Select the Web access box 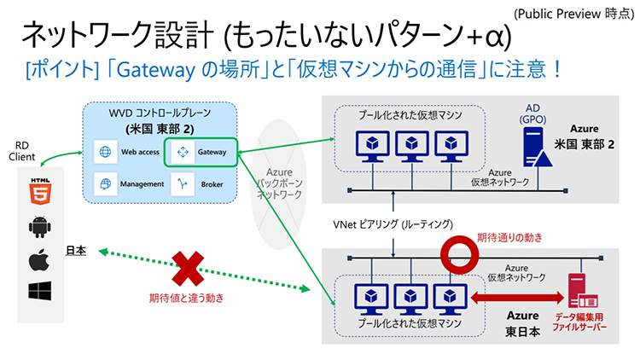pos(130,153)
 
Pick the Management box pos(130,183)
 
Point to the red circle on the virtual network pos(458,255)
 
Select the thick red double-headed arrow pos(512,299)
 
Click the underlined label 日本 pos(76,252)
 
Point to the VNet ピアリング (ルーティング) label pos(393,224)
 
